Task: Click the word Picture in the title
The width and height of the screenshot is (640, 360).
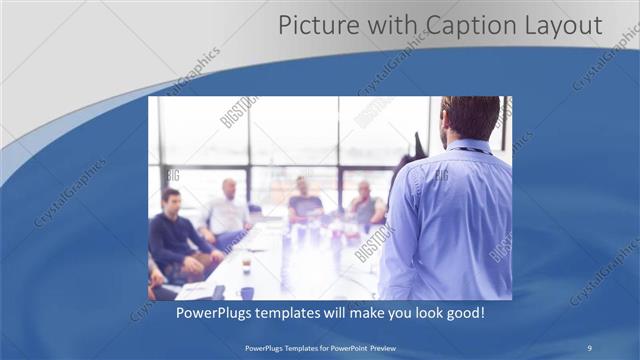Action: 313,25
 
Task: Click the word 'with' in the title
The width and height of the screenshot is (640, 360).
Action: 385,25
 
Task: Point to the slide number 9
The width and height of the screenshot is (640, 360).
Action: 590,347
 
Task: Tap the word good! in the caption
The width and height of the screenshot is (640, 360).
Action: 463,313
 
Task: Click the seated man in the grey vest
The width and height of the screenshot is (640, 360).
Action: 366,204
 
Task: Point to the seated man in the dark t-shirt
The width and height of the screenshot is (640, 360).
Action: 303,201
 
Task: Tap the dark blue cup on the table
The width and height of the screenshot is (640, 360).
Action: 246,293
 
